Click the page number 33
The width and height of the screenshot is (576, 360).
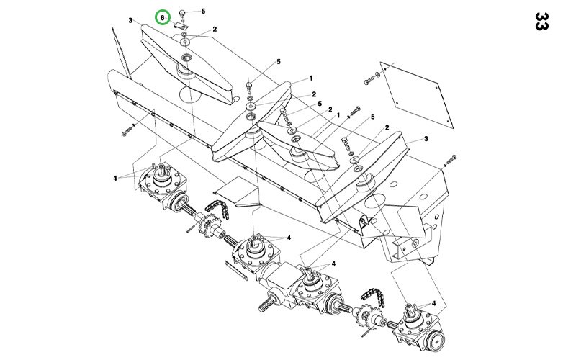point(541,22)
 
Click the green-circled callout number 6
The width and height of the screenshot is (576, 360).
point(162,17)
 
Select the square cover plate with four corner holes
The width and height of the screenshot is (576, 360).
point(417,95)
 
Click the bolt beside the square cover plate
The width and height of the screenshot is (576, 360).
point(369,81)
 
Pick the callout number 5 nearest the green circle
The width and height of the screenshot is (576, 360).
point(203,11)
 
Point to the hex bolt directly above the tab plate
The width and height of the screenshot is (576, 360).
point(183,16)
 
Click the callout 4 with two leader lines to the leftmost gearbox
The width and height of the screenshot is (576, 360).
point(115,178)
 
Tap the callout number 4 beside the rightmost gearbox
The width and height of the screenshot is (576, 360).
point(434,303)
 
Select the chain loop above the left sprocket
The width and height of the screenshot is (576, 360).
point(217,209)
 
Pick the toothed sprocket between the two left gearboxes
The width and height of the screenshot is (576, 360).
point(210,225)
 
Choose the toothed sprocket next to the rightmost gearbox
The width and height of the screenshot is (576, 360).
point(366,315)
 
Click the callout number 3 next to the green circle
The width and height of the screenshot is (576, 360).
point(130,20)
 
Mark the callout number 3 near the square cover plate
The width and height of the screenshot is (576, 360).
point(426,138)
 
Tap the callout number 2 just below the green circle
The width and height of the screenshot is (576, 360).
point(215,29)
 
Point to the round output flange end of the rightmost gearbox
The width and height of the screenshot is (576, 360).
point(436,341)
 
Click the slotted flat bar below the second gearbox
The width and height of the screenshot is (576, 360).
point(236,270)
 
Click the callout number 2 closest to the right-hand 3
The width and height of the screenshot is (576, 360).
point(387,127)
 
